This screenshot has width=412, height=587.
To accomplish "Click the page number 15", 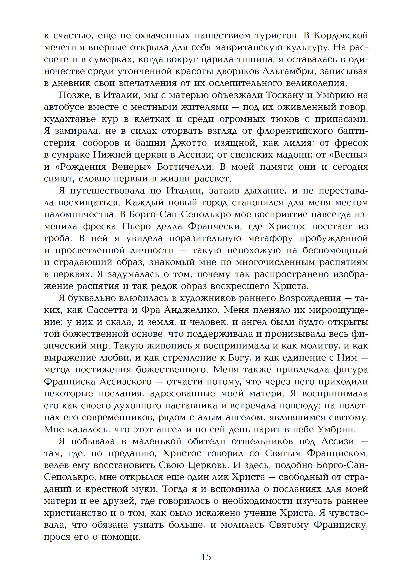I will (206, 557).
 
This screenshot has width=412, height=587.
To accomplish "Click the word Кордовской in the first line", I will (341, 35).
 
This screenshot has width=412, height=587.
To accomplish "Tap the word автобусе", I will (64, 107).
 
